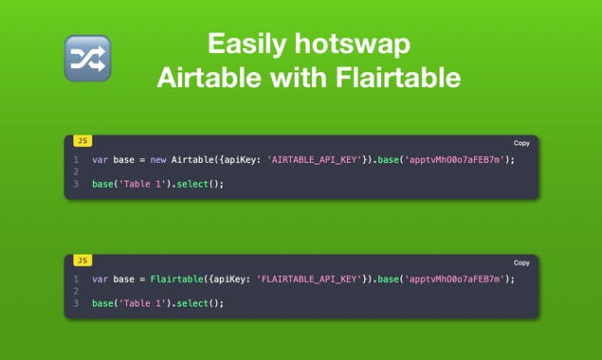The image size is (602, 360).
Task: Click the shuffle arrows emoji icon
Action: pos(87,58)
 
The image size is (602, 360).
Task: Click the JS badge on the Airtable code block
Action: pos(82,141)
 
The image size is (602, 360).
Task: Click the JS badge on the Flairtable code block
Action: pos(82,261)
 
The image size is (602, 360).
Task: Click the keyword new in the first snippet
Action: pos(160,160)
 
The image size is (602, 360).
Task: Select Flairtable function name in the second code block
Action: pos(175,279)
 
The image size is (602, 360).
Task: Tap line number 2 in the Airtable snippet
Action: pos(75,171)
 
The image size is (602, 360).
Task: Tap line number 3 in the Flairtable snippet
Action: pos(75,303)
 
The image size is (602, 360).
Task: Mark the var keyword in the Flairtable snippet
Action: pos(100,279)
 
